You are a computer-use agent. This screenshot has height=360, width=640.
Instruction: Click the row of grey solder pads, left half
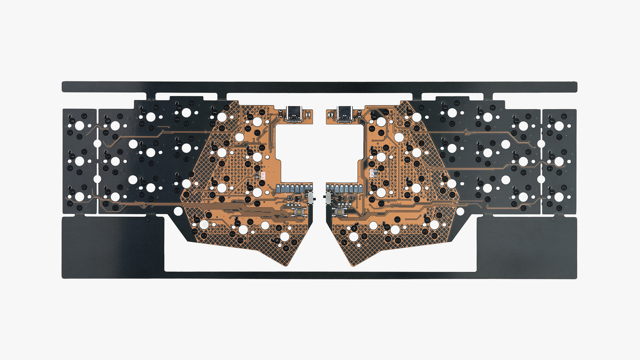(294, 188)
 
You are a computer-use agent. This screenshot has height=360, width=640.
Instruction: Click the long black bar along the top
(319, 87)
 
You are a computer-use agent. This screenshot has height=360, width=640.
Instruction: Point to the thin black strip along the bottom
(319, 275)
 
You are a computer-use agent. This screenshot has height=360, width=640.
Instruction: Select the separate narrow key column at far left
(79, 161)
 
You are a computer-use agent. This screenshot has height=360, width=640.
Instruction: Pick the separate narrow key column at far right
(559, 161)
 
